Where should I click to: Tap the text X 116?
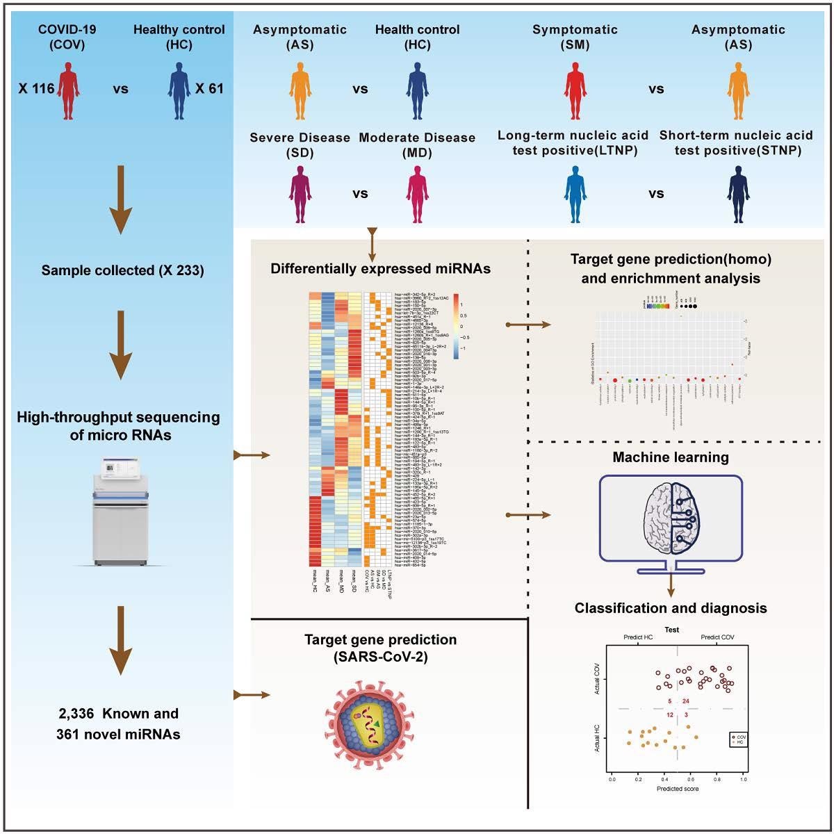pyautogui.click(x=36, y=89)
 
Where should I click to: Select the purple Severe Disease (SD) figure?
pyautogui.click(x=300, y=194)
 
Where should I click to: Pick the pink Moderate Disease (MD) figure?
pyautogui.click(x=417, y=194)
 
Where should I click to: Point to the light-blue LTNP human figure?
pyautogui.click(x=574, y=194)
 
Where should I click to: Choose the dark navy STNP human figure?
pyautogui.click(x=738, y=194)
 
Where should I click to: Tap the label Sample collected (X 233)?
pyautogui.click(x=122, y=270)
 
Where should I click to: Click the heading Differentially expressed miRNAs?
pyautogui.click(x=381, y=269)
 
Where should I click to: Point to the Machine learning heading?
pyautogui.click(x=671, y=457)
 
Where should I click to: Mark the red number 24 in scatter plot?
pyautogui.click(x=686, y=701)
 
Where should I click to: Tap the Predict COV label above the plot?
pyautogui.click(x=717, y=637)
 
